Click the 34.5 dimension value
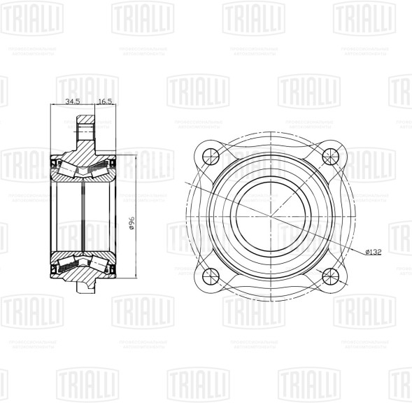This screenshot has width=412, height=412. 72,101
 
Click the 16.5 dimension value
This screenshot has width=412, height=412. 106,101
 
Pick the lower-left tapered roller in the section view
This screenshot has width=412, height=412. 68,264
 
